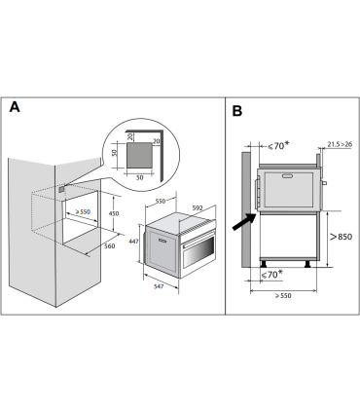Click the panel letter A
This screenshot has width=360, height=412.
tap(15, 106)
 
